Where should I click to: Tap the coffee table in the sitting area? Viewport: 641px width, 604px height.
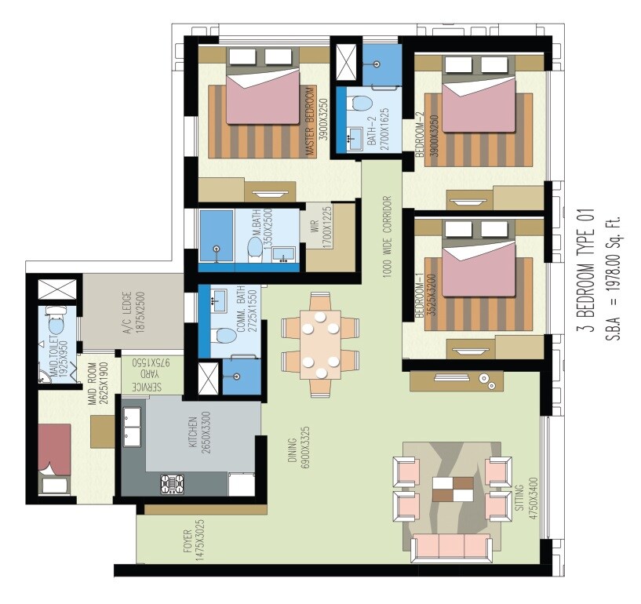pos(453,488)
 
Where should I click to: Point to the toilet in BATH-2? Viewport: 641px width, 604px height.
pos(360,103)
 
